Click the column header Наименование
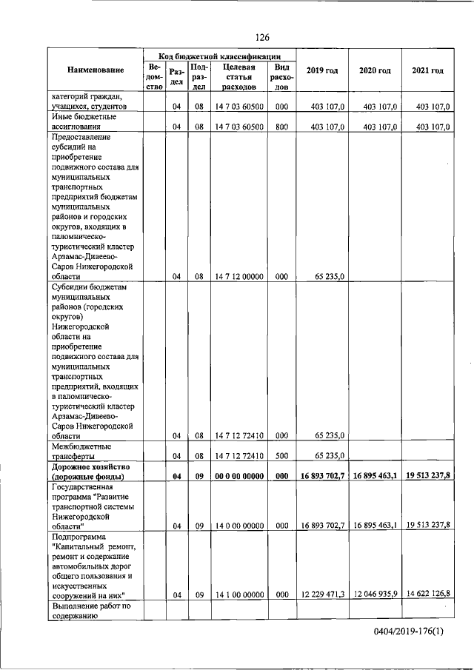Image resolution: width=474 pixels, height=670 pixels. point(96,70)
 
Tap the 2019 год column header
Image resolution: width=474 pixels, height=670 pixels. point(322,70)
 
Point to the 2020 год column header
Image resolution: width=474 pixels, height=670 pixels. point(375,70)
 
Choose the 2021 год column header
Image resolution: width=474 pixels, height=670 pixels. point(427,70)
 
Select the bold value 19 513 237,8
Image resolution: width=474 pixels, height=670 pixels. point(427,477)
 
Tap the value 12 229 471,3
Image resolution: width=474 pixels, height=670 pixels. point(322,594)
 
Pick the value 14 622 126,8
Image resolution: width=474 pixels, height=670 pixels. point(427,594)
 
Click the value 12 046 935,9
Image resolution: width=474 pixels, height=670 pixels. point(375,594)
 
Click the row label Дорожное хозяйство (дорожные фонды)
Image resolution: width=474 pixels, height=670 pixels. point(90,472)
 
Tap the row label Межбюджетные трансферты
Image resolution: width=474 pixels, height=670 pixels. point(81,452)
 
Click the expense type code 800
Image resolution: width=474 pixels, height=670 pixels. point(281,127)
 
